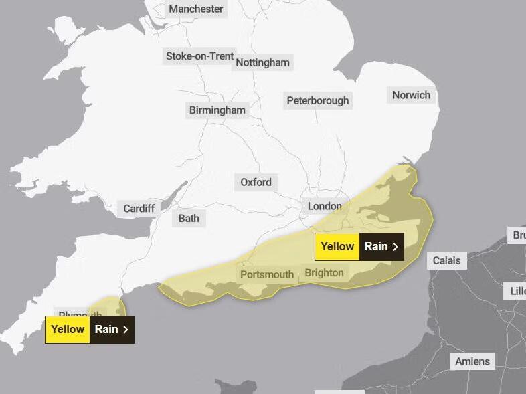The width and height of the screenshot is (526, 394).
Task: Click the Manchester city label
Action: coord(195,9)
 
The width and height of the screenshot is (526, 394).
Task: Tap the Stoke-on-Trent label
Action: coord(199,56)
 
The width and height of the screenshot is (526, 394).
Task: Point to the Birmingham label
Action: coord(217,110)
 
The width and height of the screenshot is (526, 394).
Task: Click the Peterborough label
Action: coord(318,100)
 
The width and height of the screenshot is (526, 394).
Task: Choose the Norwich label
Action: coord(411,94)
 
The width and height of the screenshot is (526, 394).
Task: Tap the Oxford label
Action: coord(256,182)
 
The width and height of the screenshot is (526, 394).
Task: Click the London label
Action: coord(325,206)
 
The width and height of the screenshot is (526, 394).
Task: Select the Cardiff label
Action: coord(139,209)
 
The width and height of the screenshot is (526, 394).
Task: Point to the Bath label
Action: coord(189,218)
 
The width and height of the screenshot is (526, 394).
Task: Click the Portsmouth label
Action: coord(266,274)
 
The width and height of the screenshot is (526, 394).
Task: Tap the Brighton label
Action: coord(324,272)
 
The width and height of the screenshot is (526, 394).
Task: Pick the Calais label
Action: coord(446,260)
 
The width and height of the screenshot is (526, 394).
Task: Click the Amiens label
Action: coord(472,361)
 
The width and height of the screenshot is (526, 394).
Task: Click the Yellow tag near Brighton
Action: coord(337,247)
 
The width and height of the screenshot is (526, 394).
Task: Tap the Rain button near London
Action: coord(381,247)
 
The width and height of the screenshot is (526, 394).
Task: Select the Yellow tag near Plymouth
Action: coord(68,329)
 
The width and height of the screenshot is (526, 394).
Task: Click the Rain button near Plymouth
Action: coord(111,329)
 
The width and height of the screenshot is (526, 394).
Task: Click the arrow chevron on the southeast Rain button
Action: coord(396,247)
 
